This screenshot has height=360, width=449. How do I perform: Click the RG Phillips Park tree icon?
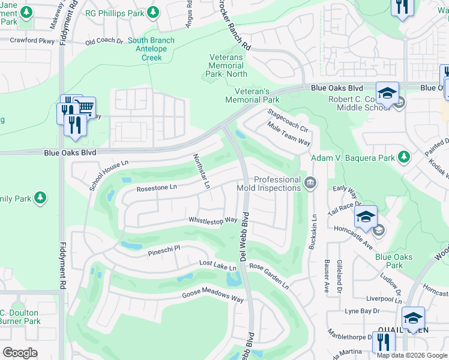click(153, 11)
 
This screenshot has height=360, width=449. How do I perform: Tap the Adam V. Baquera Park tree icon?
click(404, 157)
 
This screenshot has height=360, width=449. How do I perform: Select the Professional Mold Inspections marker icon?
click(310, 183)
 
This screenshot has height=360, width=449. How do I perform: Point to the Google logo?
click(20, 353)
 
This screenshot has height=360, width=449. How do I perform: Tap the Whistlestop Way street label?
click(213, 221)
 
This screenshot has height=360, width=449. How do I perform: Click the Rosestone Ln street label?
click(157, 188)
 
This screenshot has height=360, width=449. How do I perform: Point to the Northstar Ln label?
click(201, 172)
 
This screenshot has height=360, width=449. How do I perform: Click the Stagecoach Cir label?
click(288, 121)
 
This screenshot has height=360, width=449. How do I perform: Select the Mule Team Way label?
click(289, 135)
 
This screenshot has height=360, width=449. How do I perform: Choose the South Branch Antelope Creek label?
click(151, 49)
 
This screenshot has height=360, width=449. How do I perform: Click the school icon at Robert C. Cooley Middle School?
click(388, 94)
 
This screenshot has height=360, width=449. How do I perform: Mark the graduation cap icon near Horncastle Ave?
click(365, 218)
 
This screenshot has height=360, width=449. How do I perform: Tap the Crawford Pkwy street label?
click(31, 41)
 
